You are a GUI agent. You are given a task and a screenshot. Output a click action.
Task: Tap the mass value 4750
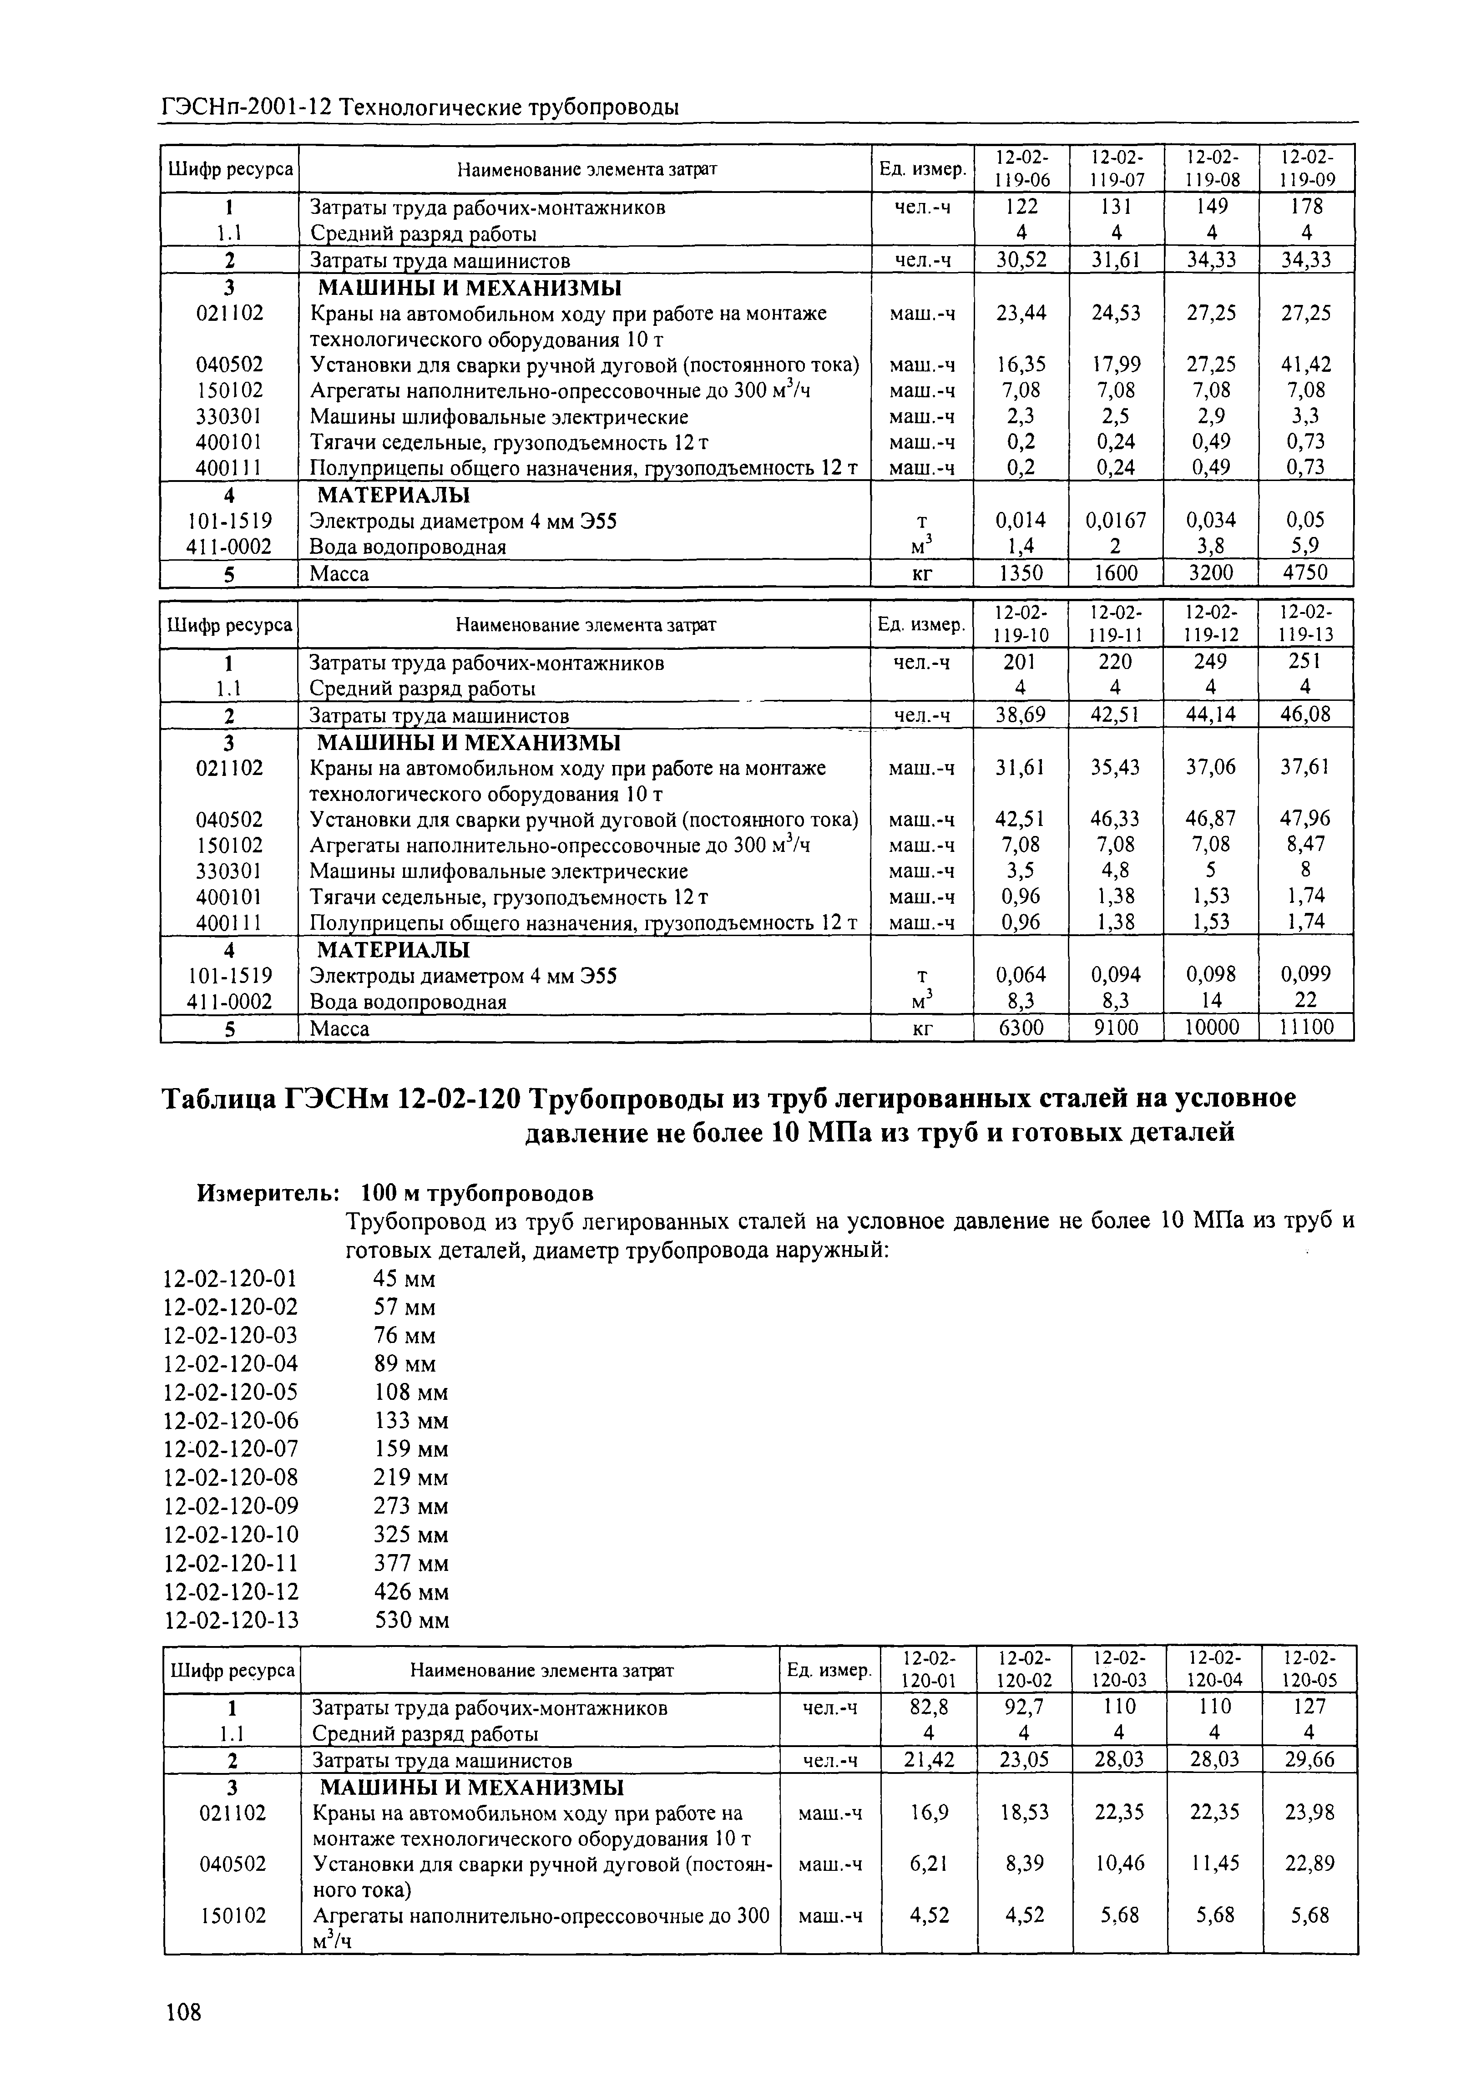[1306, 573]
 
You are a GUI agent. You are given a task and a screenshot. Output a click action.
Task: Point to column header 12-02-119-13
[1305, 623]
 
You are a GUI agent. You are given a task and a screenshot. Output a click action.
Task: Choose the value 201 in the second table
[1020, 662]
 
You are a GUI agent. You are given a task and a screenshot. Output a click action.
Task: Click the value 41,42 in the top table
[1306, 365]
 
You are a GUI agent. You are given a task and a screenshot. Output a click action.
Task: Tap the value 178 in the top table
[1306, 207]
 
